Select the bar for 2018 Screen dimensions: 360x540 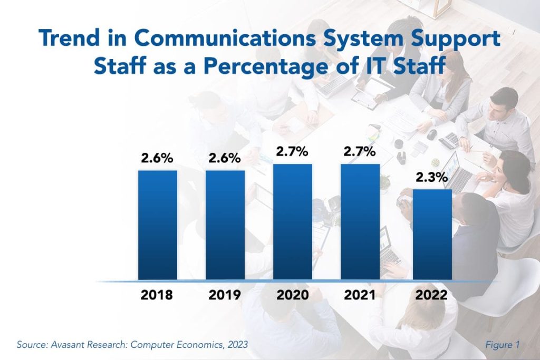point(158,225)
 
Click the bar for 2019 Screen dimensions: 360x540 point(225,225)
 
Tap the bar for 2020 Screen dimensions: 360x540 point(293,221)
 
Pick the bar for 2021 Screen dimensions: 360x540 point(360,221)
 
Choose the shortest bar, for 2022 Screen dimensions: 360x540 point(432,234)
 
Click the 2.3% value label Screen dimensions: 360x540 point(432,178)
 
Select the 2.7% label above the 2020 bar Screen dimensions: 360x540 point(293,152)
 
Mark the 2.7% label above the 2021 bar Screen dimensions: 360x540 point(360,152)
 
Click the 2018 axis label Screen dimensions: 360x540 point(157,295)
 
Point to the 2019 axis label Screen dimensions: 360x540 point(225,295)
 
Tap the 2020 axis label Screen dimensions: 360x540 point(293,295)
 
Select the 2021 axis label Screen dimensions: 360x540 point(360,295)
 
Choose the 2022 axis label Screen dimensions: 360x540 point(432,295)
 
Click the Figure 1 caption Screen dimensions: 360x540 point(502,345)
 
